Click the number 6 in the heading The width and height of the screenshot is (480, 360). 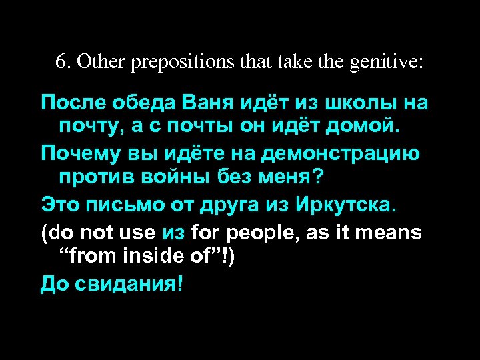[60, 62]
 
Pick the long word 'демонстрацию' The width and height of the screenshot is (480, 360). [341, 155]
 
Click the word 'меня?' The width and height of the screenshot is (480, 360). [297, 177]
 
